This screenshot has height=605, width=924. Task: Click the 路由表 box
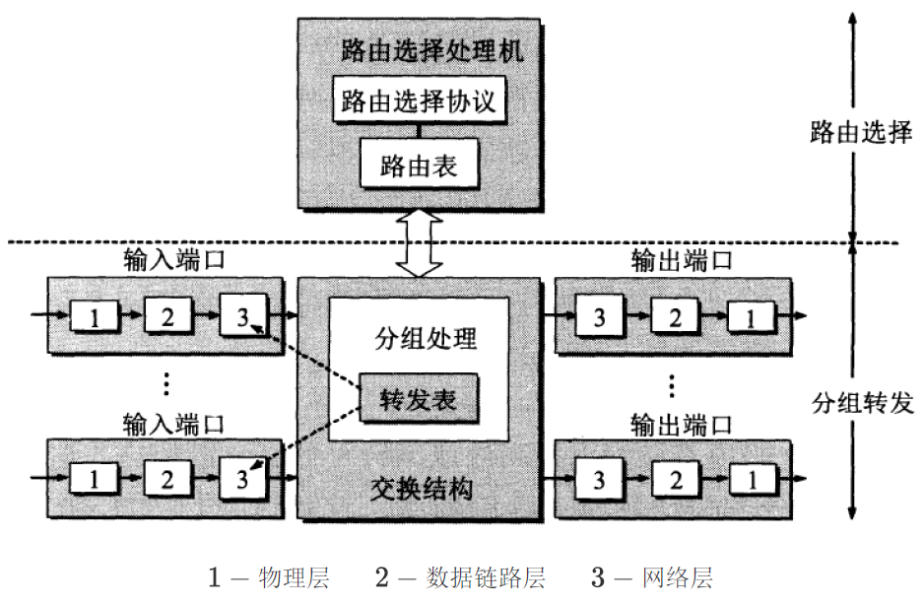pos(419,165)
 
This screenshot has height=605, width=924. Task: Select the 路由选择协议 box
pos(419,101)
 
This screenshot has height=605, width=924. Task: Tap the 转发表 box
pos(418,399)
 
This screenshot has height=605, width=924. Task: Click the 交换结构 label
pos(420,489)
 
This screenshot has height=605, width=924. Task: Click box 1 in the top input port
pos(95,316)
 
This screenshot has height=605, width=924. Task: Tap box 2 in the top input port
pos(167,316)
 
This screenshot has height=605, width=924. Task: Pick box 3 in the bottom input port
pos(242,480)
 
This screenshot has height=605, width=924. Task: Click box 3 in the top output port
pos(599,316)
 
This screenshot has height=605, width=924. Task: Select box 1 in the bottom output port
pos(753,480)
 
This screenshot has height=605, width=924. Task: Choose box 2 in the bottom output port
pos(676,480)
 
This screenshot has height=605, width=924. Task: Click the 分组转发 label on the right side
pos(863,403)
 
